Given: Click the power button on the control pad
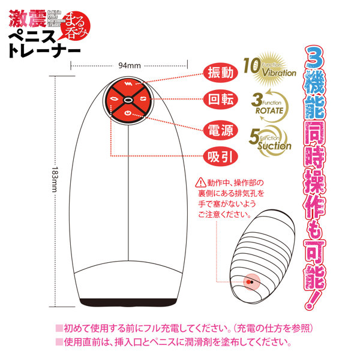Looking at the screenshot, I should coord(130,112).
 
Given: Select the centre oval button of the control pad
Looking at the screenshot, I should coord(130,98).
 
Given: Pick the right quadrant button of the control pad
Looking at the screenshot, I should coord(145,98).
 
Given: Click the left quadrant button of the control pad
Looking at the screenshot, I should coord(114,98).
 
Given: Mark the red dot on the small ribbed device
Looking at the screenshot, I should coord(249,280).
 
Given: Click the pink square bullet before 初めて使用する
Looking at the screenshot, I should coord(59,329).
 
